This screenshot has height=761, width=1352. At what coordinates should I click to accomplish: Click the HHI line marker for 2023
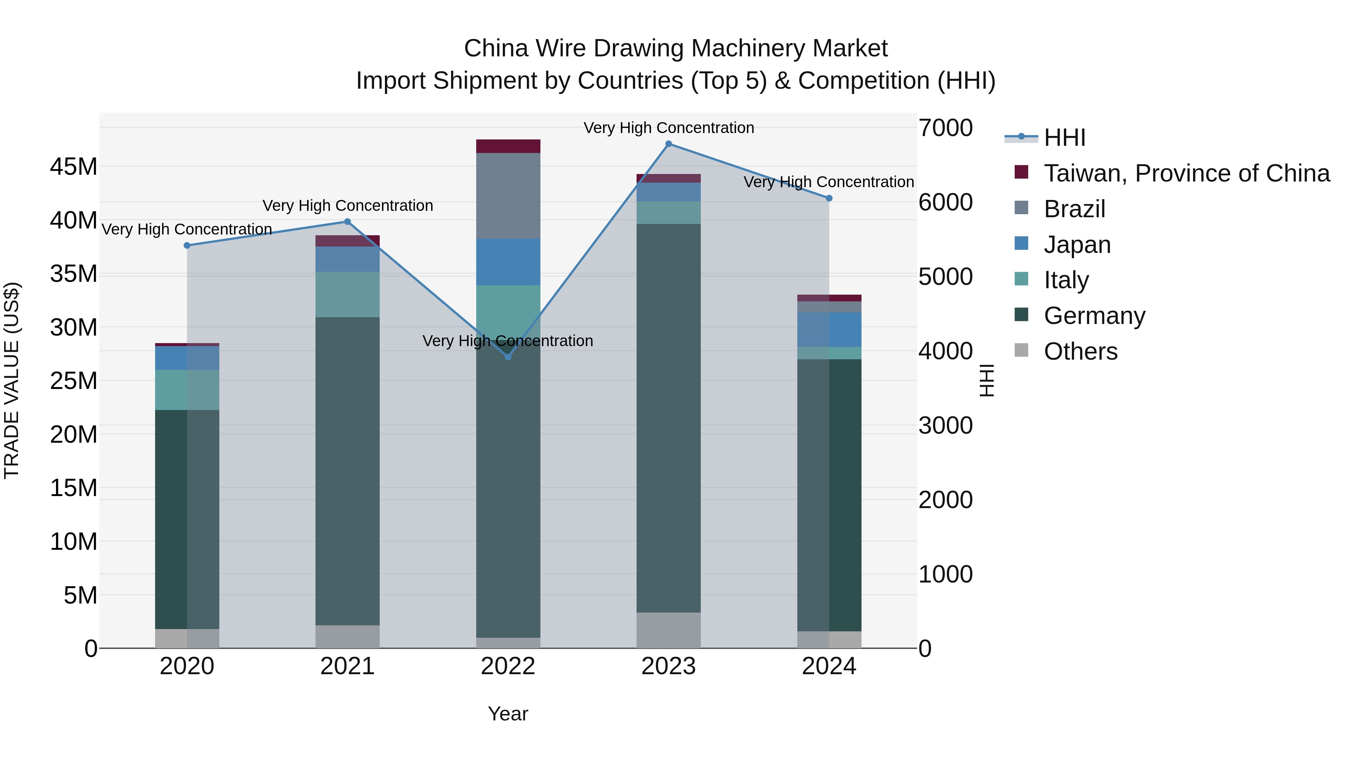[x=668, y=144]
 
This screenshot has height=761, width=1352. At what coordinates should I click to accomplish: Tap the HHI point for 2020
[x=187, y=245]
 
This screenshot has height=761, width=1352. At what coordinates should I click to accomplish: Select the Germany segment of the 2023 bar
[x=668, y=418]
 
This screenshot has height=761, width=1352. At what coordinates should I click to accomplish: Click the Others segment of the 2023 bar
[x=668, y=630]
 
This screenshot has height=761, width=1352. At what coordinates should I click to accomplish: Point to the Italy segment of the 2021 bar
[x=347, y=294]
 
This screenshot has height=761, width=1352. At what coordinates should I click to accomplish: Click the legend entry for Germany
[x=1094, y=316]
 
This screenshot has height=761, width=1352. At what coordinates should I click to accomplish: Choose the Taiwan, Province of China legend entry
[x=1186, y=173]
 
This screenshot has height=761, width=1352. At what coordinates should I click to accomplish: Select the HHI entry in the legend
[x=1064, y=138]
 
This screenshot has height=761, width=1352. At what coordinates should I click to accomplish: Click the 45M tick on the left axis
[x=74, y=167]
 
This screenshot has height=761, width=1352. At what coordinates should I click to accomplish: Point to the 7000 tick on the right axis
[x=945, y=128]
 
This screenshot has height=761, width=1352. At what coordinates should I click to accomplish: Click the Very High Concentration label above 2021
[x=347, y=205]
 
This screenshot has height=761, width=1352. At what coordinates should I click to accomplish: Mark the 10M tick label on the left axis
[x=74, y=542]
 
